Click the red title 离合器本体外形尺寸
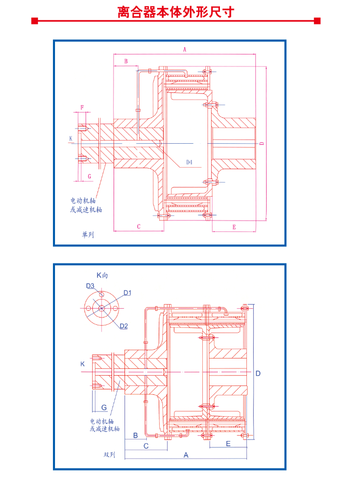[176, 12]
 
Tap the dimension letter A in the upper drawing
[185, 49]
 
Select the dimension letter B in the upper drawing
[126, 61]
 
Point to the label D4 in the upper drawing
[189, 162]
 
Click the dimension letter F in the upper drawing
[82, 107]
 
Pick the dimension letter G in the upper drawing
[89, 176]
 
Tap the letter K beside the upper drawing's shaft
[71, 139]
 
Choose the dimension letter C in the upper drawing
[139, 227]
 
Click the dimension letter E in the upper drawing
[234, 227]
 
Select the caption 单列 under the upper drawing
[88, 235]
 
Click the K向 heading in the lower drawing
[102, 275]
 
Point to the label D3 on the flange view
[90, 286]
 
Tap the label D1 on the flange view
[127, 293]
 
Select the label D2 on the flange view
[123, 326]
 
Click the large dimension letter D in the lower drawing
[258, 373]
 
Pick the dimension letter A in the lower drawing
[186, 455]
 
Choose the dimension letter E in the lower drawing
[228, 444]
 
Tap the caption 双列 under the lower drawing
[109, 455]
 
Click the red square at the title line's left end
[35, 21]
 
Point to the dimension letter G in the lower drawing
[104, 408]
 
